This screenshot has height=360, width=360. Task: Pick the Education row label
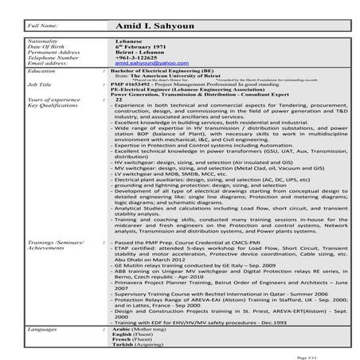[41, 71]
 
